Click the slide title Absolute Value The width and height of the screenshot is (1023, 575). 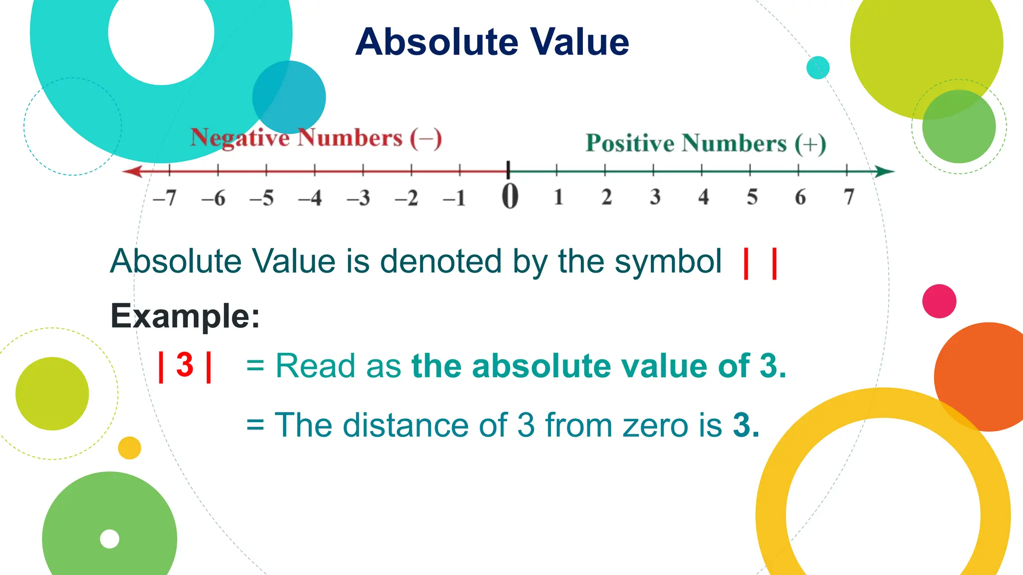pos(492,42)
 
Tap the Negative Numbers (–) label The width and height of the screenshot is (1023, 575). pos(316,138)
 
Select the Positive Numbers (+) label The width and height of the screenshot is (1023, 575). pos(706,144)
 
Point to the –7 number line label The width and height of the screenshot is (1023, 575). pos(165,198)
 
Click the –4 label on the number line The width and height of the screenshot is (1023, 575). pos(310,198)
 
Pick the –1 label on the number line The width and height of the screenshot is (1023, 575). pos(455,198)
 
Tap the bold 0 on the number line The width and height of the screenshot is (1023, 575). pos(510,196)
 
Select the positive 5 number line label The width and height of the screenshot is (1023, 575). pos(752,197)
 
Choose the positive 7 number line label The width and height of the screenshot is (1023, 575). pos(849,197)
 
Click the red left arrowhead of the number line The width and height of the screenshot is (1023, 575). pos(132,171)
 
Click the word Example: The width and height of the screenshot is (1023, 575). pos(185,316)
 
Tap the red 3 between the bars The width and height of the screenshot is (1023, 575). pos(185,365)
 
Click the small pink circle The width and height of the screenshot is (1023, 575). pos(939,301)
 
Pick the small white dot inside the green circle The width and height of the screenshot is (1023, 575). pos(109,539)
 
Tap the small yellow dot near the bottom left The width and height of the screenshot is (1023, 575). pos(129,448)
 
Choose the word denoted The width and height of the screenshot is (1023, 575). pos(441,261)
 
